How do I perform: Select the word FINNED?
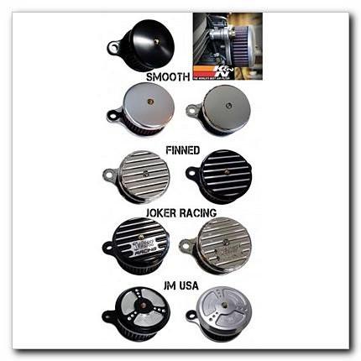click(182, 150)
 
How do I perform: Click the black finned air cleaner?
click(217, 175)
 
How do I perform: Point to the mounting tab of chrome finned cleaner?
click(109, 176)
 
